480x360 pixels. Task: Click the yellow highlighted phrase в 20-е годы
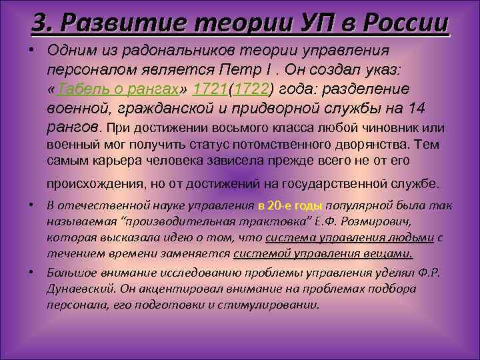290,206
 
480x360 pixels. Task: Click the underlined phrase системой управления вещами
323,253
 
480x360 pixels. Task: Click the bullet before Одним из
31,51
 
